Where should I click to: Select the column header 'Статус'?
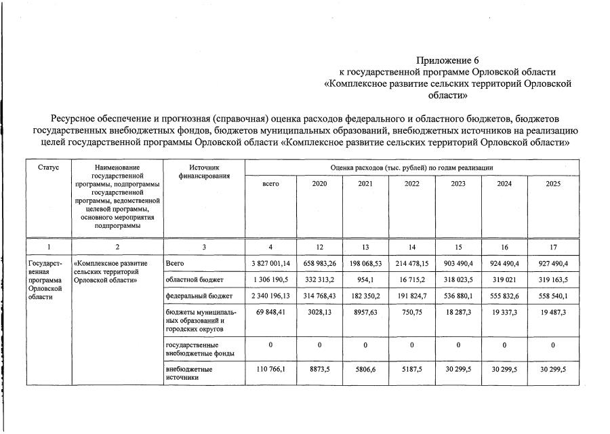click(49, 166)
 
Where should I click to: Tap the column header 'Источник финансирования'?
click(204, 171)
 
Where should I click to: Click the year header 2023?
click(458, 184)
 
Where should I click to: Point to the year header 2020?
click(319, 184)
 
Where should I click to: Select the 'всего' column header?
click(270, 184)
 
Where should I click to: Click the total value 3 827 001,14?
click(270, 263)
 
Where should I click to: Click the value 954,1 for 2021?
click(365, 279)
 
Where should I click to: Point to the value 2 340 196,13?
click(270, 296)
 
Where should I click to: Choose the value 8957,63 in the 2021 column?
click(365, 313)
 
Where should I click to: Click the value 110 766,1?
click(270, 370)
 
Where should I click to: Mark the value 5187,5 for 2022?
click(412, 370)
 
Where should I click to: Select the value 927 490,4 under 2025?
click(553, 263)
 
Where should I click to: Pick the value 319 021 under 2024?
click(505, 279)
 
